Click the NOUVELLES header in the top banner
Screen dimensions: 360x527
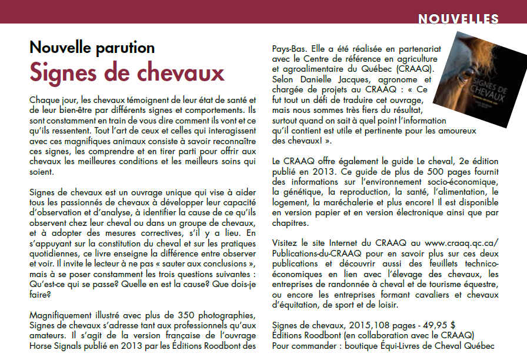tap(458, 19)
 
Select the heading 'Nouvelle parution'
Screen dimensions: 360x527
tap(92, 48)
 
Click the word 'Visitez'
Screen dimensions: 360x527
tap(286, 242)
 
